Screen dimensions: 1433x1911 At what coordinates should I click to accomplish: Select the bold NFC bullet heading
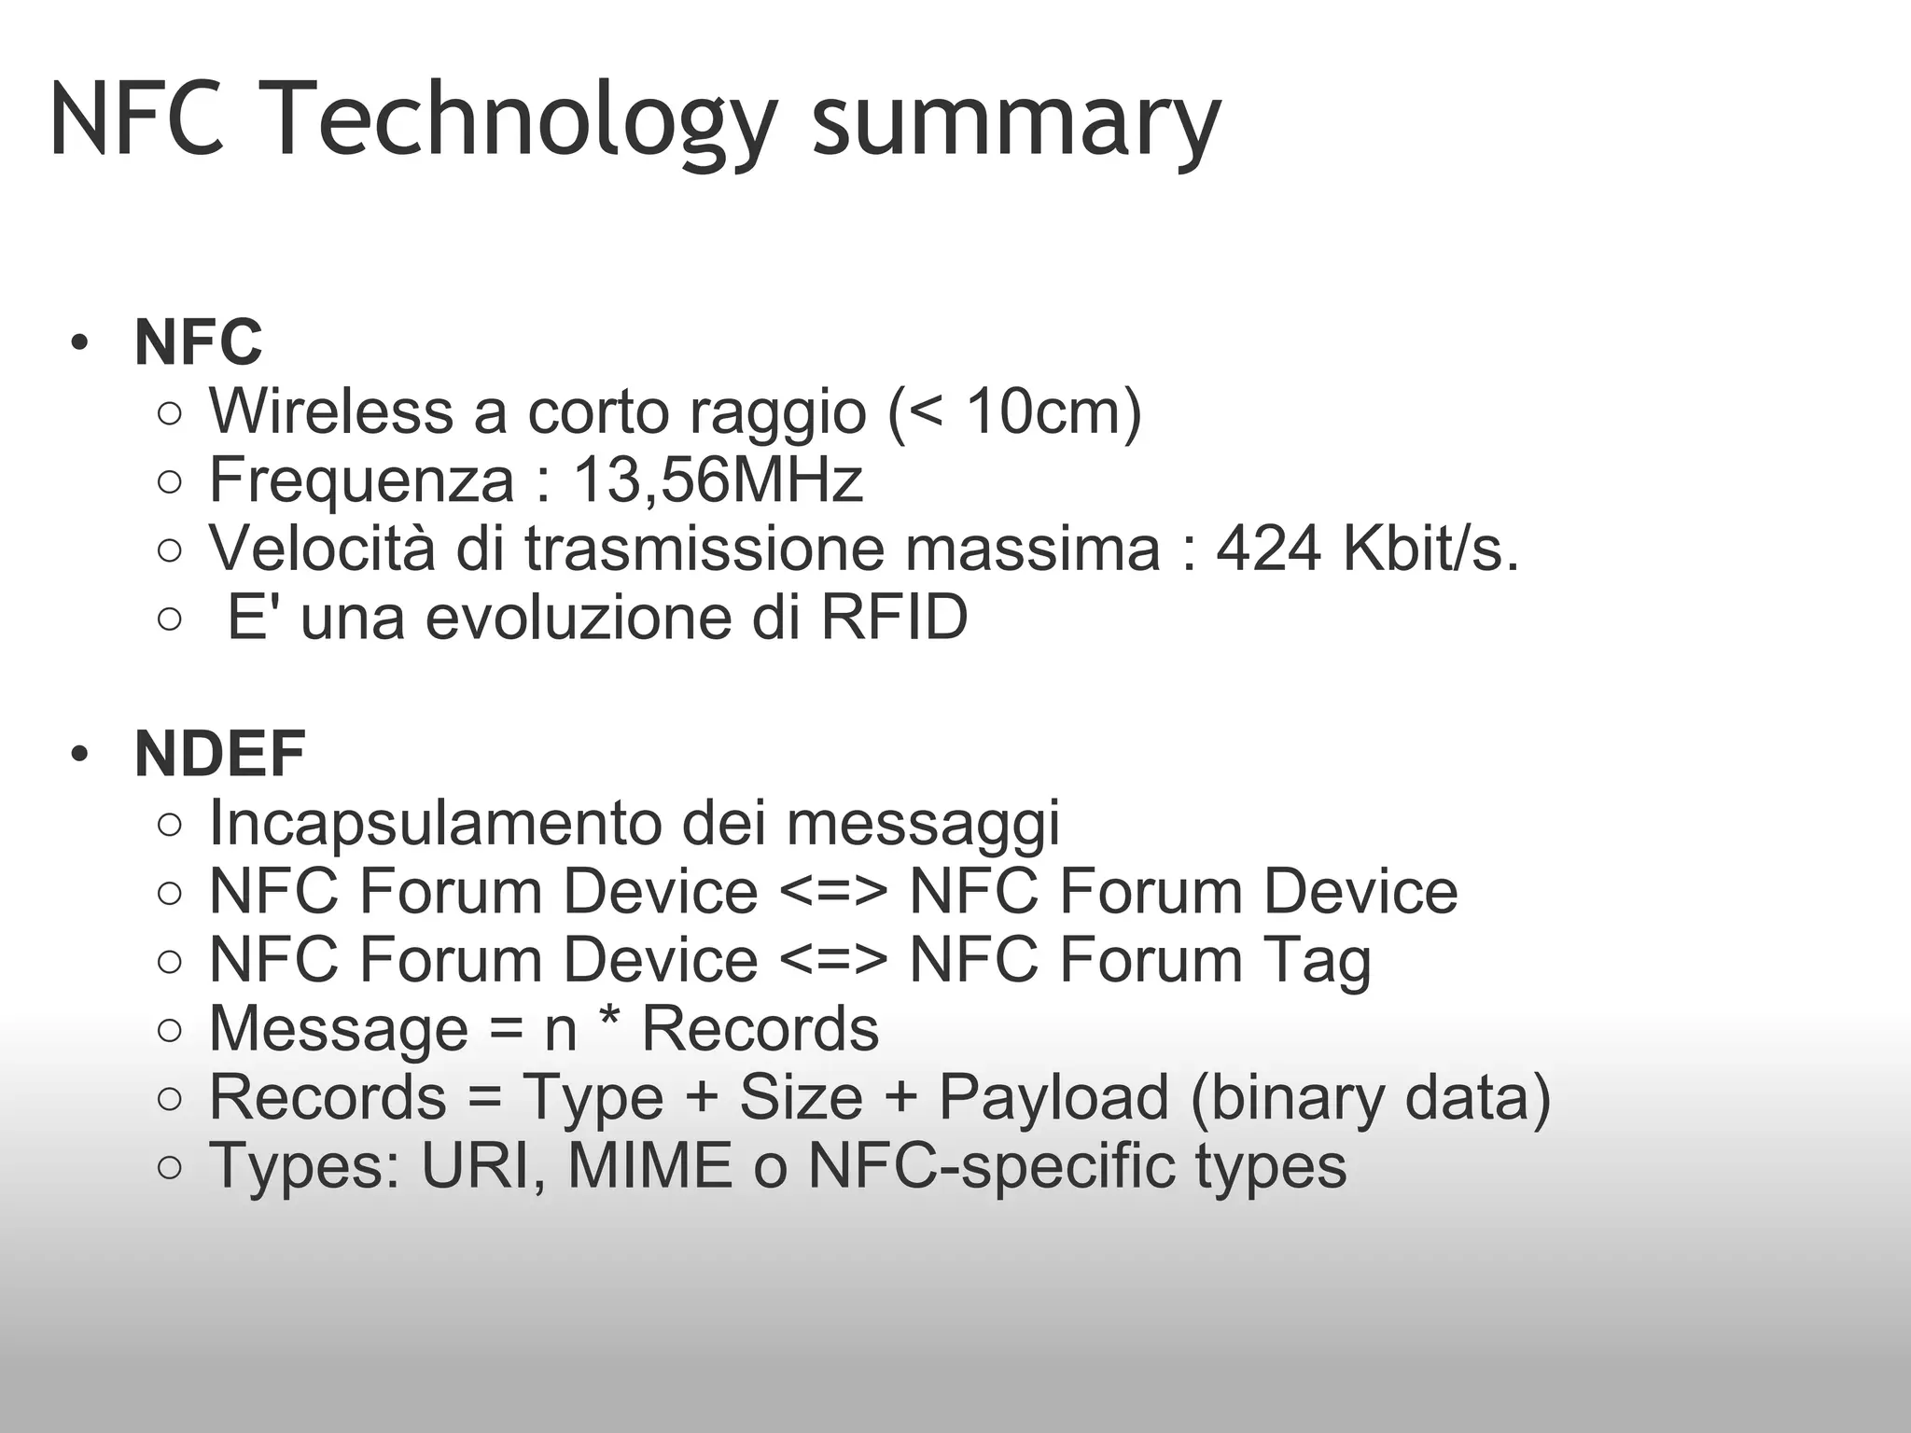pos(198,342)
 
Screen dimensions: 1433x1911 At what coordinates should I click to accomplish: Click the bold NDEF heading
pos(220,754)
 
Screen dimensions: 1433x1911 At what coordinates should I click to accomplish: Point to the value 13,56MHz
pos(717,480)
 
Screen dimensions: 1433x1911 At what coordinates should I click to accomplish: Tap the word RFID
pos(893,617)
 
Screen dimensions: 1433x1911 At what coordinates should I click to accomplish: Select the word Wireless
pos(330,410)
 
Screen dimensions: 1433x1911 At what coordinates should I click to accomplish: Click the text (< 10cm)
pos(1015,410)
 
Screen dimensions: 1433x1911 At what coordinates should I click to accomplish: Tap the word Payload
pos(1053,1097)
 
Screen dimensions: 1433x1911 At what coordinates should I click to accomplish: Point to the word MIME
pos(649,1166)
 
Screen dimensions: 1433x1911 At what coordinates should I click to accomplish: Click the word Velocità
pos(322,548)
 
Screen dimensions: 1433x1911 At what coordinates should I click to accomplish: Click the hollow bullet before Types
pos(169,1167)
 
